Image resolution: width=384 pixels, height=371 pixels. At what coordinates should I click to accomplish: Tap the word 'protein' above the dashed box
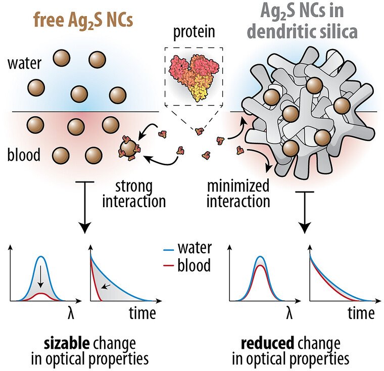point(194,32)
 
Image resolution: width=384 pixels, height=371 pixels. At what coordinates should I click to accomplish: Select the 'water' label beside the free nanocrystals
point(24,63)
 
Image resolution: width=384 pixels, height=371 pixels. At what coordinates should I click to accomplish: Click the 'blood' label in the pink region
point(24,155)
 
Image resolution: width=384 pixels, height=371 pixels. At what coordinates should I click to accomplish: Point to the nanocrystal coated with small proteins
point(129,148)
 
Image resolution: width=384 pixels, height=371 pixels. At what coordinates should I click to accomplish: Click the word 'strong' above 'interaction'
point(134,187)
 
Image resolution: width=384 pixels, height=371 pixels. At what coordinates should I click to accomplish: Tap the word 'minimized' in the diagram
point(238,185)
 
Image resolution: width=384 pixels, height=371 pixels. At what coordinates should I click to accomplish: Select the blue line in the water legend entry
point(168,250)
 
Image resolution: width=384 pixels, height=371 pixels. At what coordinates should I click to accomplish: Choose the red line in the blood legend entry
point(168,265)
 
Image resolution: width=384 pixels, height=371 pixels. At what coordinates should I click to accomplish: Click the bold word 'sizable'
point(66,344)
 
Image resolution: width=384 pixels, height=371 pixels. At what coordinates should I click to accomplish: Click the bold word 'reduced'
point(267,344)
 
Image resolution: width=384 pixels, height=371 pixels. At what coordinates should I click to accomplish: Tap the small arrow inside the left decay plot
point(106,286)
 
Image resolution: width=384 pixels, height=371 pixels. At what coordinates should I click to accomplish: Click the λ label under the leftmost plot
point(71,313)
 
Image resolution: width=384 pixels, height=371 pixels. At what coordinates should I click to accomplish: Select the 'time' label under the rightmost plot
point(361,313)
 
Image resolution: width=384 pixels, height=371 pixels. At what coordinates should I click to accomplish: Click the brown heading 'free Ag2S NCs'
point(83,21)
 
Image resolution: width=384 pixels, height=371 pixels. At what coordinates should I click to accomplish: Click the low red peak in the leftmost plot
point(41,294)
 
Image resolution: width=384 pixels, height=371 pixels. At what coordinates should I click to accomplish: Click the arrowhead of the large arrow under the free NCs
point(84,227)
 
